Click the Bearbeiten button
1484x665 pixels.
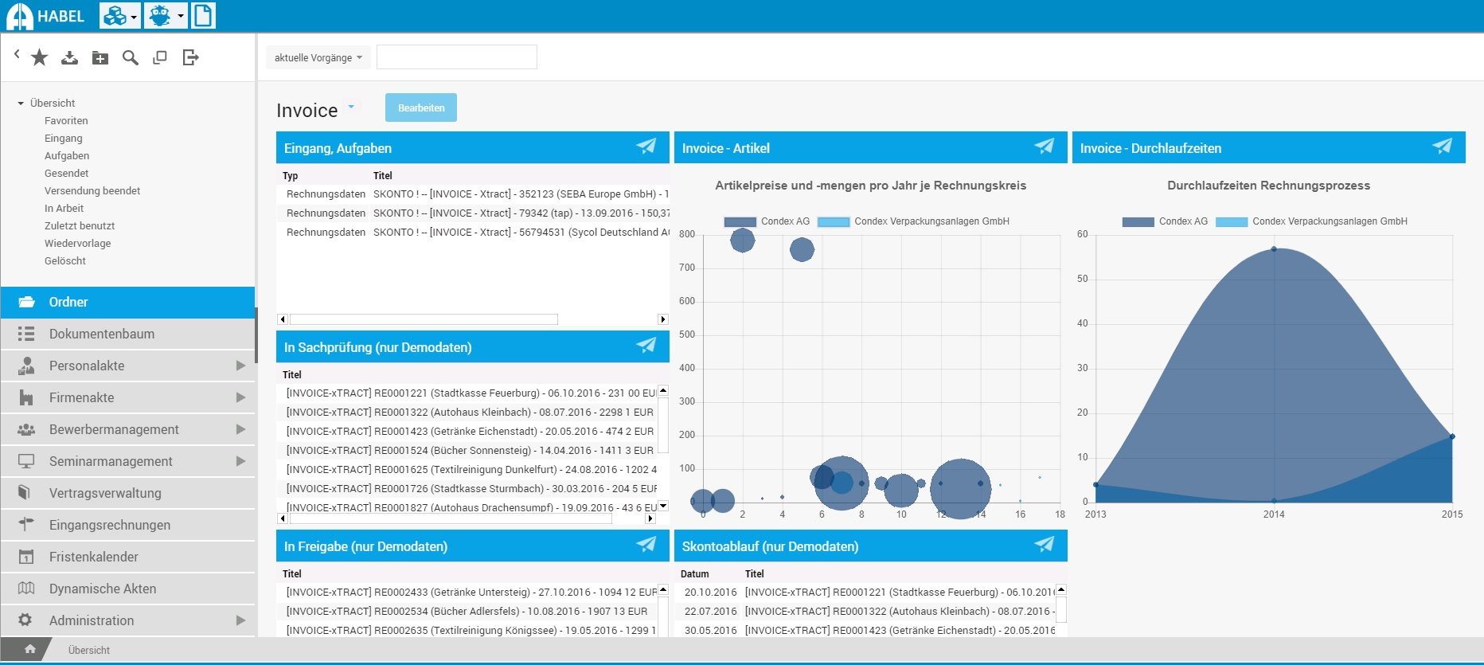click(420, 108)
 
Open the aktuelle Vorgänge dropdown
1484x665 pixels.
click(318, 57)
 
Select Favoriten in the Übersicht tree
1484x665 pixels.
click(66, 121)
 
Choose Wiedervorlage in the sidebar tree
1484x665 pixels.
click(77, 244)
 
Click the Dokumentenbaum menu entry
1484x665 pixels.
click(102, 334)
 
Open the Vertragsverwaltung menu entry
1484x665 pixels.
click(105, 493)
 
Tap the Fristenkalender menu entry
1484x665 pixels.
click(94, 557)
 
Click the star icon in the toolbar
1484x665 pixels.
click(40, 57)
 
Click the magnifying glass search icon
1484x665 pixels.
click(131, 57)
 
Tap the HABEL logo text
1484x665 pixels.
click(61, 16)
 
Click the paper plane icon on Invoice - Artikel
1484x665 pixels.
click(1044, 147)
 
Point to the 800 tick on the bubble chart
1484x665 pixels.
click(687, 234)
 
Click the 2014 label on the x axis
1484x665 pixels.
click(1274, 514)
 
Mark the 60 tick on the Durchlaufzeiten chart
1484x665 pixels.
click(1083, 234)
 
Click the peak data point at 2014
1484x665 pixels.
click(1274, 249)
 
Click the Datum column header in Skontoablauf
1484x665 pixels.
click(694, 573)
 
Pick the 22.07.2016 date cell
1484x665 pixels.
click(710, 612)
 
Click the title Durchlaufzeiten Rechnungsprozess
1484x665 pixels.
click(1268, 186)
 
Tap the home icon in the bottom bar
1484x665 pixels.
click(30, 649)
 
